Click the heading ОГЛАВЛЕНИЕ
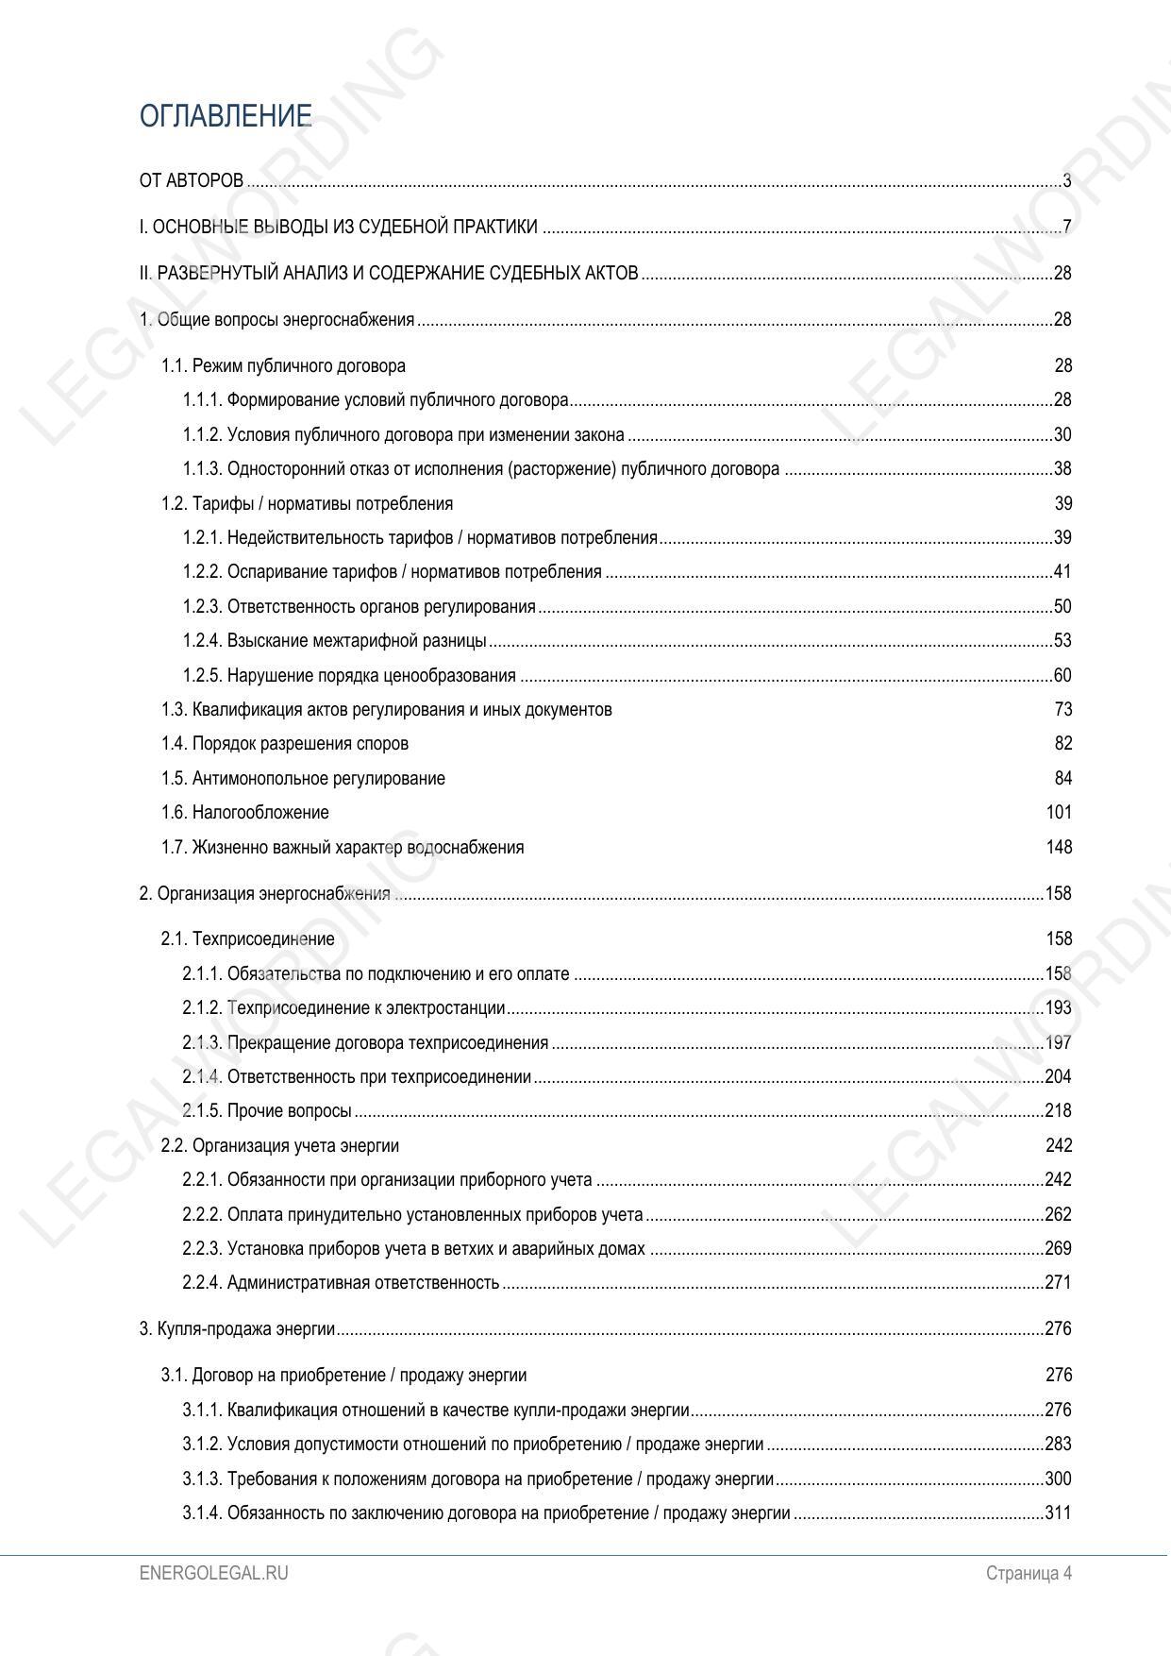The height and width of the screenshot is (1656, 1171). (226, 116)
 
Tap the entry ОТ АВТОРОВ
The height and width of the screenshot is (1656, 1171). (192, 180)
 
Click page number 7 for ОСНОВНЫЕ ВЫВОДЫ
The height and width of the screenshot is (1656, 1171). (1066, 227)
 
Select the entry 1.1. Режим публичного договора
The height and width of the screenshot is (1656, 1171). (283, 365)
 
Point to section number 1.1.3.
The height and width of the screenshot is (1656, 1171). (202, 469)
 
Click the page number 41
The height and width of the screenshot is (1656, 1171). (1062, 572)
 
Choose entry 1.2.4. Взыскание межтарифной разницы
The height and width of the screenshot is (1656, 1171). (334, 641)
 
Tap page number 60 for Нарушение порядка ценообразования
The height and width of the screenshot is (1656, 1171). (1062, 676)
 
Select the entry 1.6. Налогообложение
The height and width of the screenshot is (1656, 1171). (245, 813)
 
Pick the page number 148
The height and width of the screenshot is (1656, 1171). (1059, 848)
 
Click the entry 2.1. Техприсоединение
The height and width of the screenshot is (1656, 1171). (247, 939)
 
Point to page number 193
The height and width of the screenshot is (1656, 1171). (1058, 1008)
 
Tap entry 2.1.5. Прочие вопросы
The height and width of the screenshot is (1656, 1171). (267, 1111)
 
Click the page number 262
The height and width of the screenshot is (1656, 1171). (1058, 1215)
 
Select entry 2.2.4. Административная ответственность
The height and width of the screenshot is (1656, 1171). (341, 1283)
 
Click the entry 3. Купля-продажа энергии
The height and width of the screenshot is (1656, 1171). (237, 1329)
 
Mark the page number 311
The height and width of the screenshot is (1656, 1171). (1058, 1513)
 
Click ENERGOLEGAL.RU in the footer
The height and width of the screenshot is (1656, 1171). (213, 1573)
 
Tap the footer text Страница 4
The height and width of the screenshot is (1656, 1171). (1029, 1573)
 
